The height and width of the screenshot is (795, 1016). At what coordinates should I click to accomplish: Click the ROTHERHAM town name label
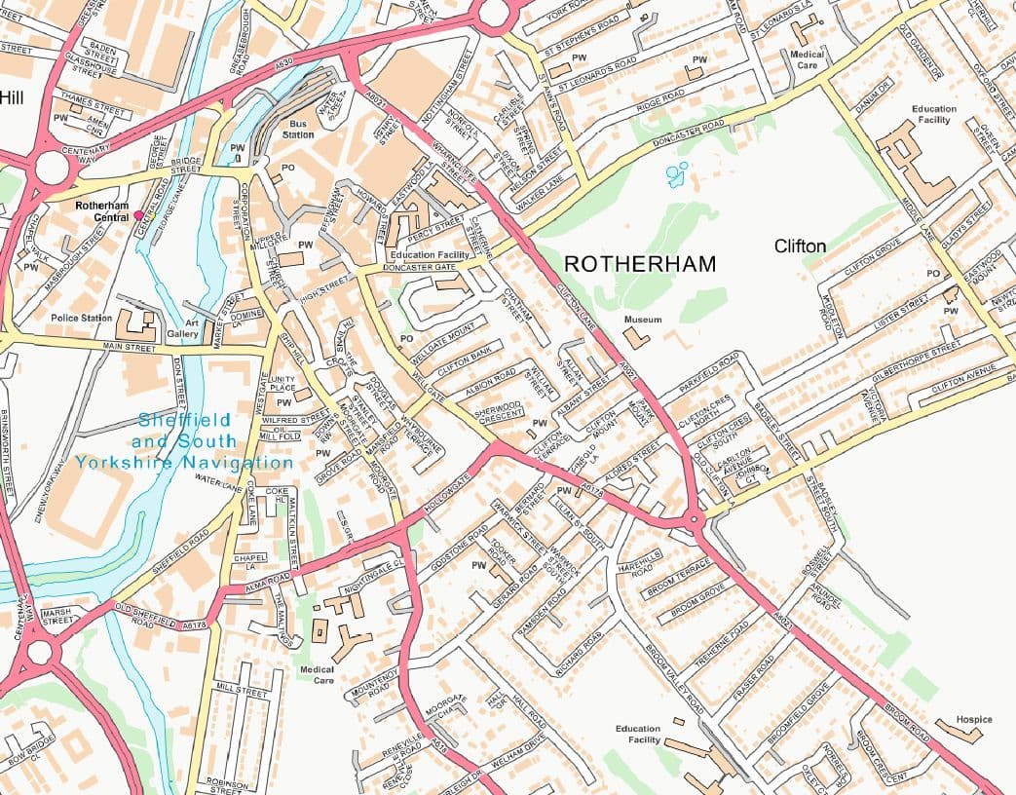coord(640,264)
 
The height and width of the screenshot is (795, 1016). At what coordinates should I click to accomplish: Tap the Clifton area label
coord(800,246)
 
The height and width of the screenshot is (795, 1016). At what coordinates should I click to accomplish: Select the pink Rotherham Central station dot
coord(138,214)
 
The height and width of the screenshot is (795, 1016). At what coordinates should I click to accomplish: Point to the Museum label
coord(643,320)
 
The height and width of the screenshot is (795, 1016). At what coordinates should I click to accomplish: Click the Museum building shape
coord(637,338)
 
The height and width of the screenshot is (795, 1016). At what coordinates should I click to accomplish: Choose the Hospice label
coord(973,720)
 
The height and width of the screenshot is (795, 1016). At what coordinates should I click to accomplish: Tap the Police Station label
coord(82,319)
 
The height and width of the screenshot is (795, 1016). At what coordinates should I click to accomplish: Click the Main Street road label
coord(129,346)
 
